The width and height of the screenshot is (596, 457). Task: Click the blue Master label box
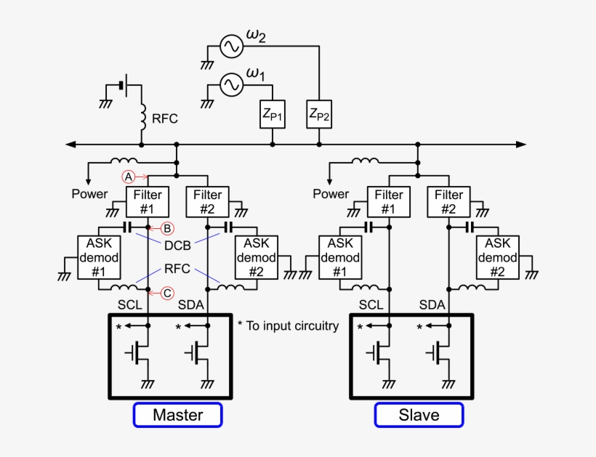(x=177, y=415)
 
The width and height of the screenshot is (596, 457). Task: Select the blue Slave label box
(x=419, y=415)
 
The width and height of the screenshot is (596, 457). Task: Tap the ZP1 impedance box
(x=273, y=114)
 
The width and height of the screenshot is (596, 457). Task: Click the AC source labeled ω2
(x=231, y=47)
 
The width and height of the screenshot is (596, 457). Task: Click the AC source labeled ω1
(x=231, y=86)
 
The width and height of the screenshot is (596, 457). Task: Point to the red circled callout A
(x=128, y=177)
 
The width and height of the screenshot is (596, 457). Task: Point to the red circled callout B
(x=166, y=228)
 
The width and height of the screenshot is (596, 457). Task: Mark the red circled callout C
(x=166, y=293)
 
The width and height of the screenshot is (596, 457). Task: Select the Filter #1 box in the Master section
(x=148, y=201)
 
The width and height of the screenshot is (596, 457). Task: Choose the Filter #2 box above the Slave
(x=448, y=201)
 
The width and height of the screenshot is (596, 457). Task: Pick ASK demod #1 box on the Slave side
(x=339, y=257)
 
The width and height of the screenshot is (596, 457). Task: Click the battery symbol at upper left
(x=124, y=84)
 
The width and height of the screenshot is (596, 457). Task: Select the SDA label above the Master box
(x=191, y=306)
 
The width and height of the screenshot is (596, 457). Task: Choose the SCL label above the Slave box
(x=371, y=306)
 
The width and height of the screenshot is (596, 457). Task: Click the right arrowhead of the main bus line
(x=520, y=145)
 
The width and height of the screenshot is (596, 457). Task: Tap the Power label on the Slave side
(x=331, y=194)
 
